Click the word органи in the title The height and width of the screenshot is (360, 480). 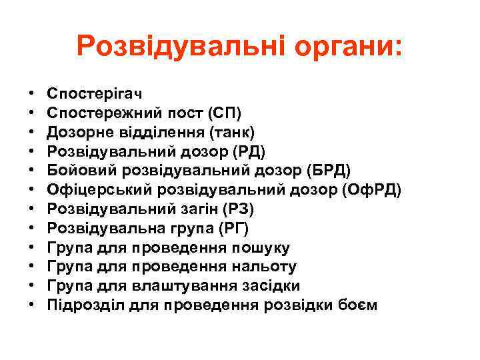[338, 46]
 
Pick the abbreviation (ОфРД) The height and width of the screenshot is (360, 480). [370, 190]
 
